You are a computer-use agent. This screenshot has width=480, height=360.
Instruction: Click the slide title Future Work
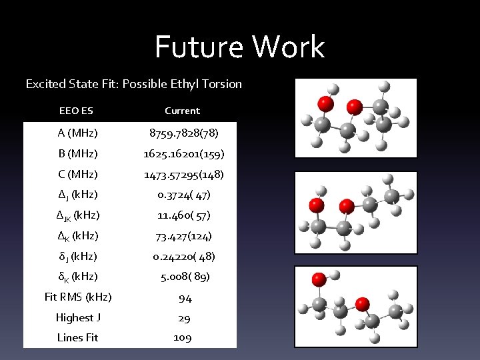[x=240, y=47]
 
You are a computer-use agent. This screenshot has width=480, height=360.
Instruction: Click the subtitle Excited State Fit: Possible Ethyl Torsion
[x=133, y=85]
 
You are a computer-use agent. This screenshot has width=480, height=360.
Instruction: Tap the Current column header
[x=183, y=111]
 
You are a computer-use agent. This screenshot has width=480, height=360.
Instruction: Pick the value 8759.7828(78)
[x=183, y=133]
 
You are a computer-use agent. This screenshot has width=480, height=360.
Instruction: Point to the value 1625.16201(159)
[x=183, y=154]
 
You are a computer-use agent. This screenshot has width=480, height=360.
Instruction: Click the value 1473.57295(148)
[x=183, y=175]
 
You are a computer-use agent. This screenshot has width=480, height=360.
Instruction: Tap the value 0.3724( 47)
[x=183, y=195]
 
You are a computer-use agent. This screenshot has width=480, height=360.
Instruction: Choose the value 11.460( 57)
[x=183, y=215]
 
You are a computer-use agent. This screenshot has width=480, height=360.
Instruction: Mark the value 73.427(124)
[x=183, y=236]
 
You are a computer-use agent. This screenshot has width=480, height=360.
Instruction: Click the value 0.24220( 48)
[x=183, y=256]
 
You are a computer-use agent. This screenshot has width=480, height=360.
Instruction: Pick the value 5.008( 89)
[x=183, y=277]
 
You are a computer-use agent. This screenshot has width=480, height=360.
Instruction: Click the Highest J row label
[x=77, y=317]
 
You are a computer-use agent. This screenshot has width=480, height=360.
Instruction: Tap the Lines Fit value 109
[x=183, y=337]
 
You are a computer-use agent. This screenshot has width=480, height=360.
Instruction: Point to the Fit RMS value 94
[x=183, y=298]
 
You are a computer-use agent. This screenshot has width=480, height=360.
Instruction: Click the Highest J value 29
[x=183, y=318]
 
